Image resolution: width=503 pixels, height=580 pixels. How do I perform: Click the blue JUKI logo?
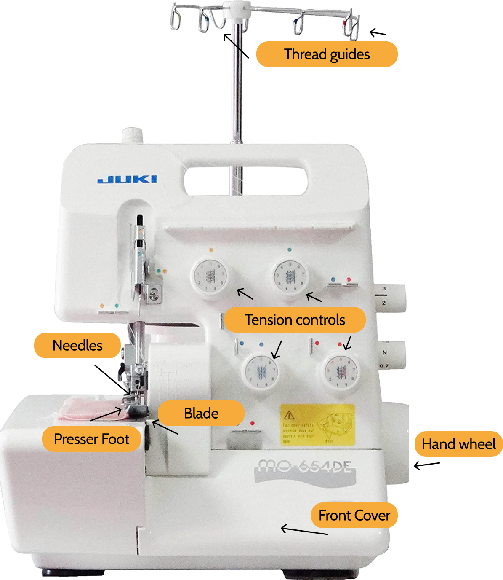point(127,179)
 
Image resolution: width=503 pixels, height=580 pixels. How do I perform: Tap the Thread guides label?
point(327,54)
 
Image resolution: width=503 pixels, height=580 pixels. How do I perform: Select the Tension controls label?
point(295,320)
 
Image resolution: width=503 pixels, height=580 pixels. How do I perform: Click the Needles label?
point(77,346)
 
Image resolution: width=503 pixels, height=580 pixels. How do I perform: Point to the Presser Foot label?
point(91,439)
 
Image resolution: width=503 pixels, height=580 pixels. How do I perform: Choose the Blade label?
point(201,414)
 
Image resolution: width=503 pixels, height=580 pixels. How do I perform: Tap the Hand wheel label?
point(458,444)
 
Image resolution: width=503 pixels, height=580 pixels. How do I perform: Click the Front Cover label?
point(354,516)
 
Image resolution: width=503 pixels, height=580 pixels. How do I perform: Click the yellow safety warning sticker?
point(318,424)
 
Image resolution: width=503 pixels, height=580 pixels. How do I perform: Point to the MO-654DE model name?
point(305,467)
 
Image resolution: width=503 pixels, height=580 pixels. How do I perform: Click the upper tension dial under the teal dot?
point(290,276)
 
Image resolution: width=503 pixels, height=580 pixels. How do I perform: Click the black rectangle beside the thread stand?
point(455,97)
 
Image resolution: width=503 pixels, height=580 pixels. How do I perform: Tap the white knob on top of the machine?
point(133,136)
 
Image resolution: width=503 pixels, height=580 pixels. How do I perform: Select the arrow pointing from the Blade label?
point(165,427)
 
